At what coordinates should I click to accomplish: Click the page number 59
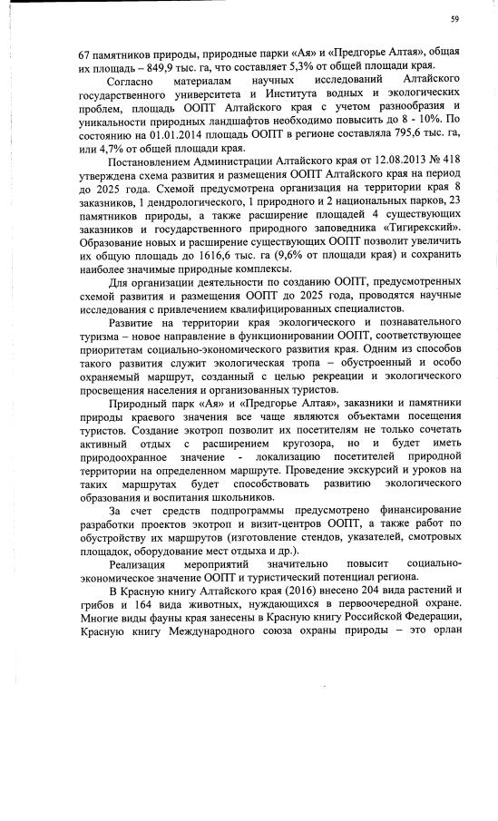click(454, 19)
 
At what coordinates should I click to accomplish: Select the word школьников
click(241, 496)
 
